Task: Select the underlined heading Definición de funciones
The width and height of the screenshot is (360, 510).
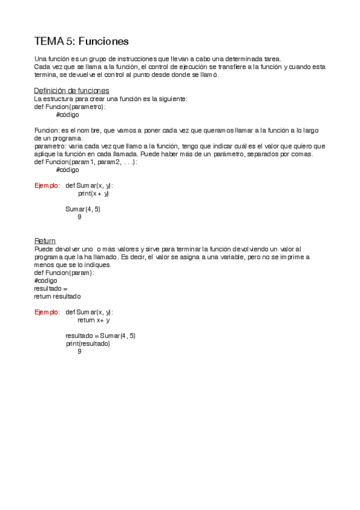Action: click(72, 91)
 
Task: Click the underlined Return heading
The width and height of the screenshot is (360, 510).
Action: click(45, 241)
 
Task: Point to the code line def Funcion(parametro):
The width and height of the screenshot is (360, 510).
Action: click(70, 106)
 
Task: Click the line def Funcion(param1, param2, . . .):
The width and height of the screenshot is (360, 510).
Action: click(86, 162)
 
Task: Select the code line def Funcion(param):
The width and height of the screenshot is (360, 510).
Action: click(64, 272)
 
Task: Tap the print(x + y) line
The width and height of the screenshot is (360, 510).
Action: click(94, 194)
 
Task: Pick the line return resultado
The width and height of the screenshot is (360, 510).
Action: click(57, 296)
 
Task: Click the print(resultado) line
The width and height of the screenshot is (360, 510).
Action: click(88, 343)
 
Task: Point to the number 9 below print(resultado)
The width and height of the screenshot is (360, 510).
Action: click(79, 351)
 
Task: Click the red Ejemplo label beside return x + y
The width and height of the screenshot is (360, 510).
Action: click(47, 312)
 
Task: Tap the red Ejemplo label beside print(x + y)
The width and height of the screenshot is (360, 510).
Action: click(47, 186)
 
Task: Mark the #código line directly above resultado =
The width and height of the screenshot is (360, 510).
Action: click(46, 280)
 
